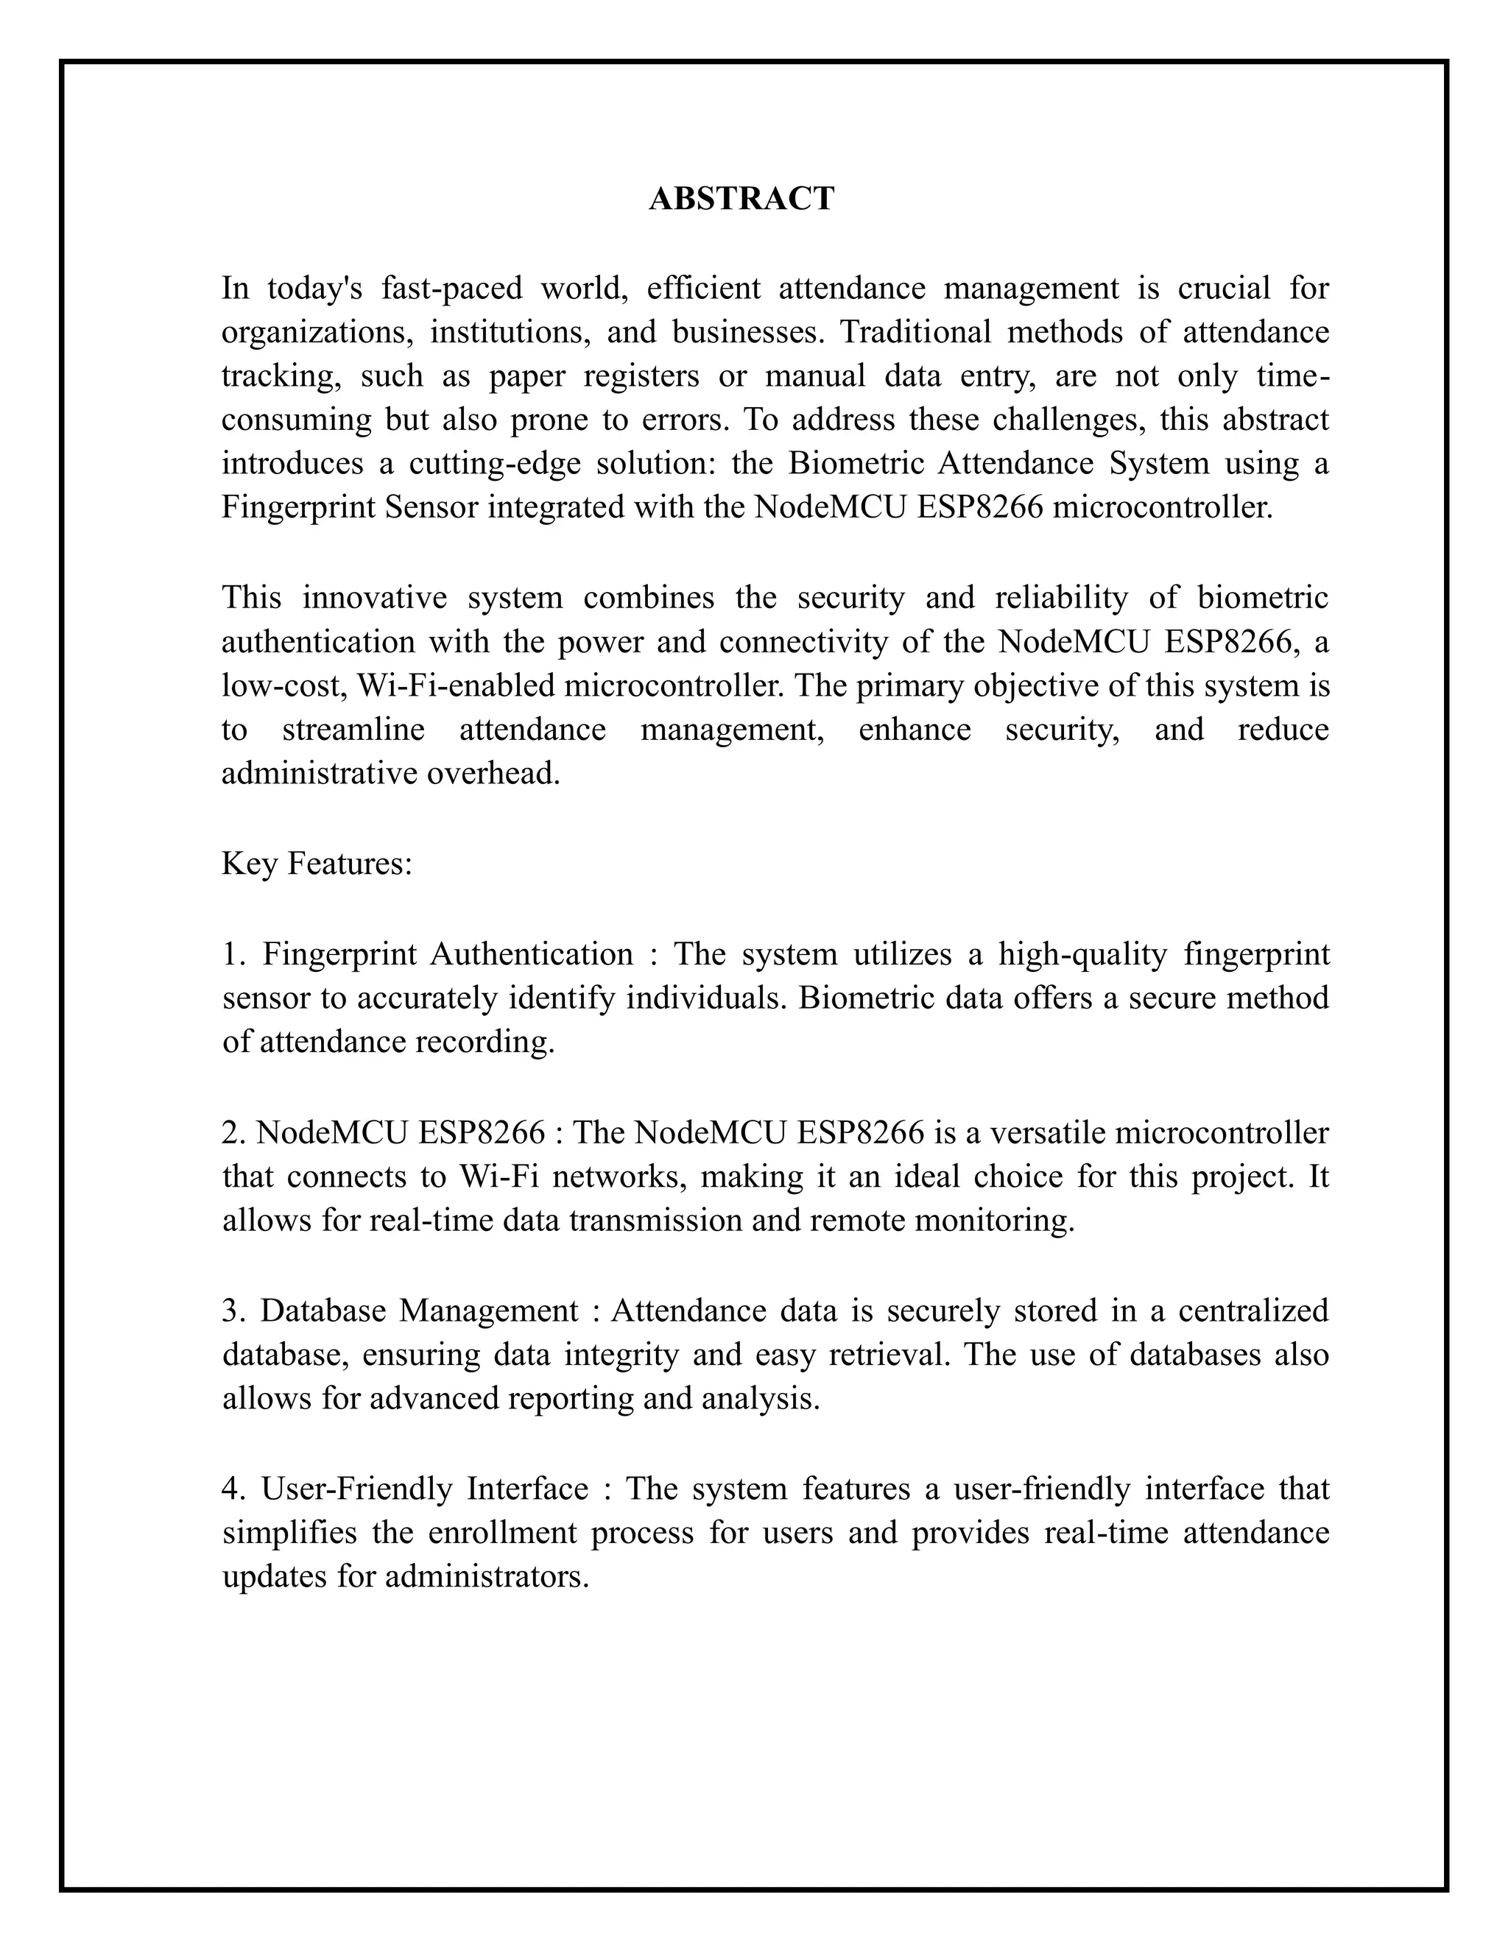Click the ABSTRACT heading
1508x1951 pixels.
click(741, 198)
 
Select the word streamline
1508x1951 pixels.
click(353, 729)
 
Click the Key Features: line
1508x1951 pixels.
click(316, 864)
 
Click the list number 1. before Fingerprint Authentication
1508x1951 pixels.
click(233, 954)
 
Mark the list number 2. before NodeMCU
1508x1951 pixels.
click(233, 1133)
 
